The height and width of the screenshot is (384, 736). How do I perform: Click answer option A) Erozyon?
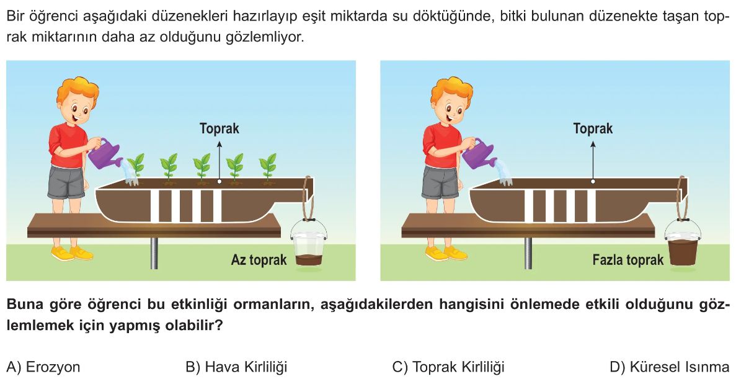coord(43,367)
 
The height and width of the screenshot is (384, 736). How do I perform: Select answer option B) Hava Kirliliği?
coord(236,367)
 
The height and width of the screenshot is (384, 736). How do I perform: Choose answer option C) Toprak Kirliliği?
coord(448,367)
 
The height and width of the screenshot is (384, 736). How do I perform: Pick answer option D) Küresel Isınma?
coord(670,367)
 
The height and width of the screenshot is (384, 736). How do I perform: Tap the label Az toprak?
coord(259,259)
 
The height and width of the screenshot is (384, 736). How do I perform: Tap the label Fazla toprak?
coord(628,259)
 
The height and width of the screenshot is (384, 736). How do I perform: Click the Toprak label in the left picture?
coord(219,128)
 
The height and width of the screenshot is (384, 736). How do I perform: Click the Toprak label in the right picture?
coord(593,128)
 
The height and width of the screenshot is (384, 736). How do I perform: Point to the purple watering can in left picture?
coord(105,154)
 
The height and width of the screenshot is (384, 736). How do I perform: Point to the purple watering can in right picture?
coord(479,154)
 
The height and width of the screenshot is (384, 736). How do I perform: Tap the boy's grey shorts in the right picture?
coord(440,182)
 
